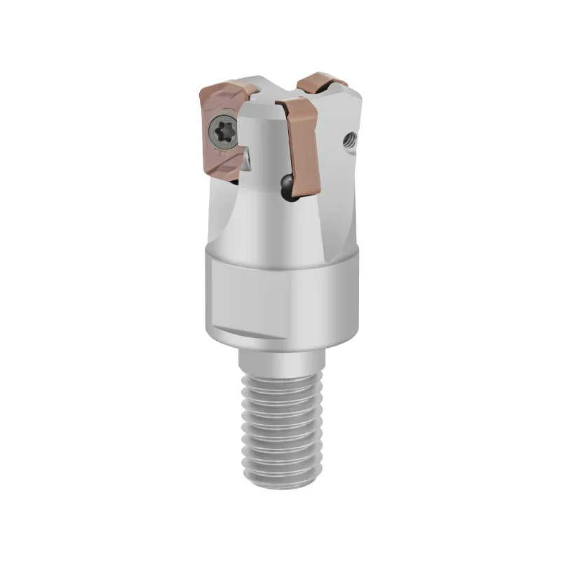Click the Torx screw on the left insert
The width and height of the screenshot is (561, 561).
pos(222,130)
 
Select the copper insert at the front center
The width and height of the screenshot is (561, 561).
pos(300,151)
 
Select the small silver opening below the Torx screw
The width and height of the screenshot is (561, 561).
pos(250,163)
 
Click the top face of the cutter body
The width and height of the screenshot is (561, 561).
pos(270,99)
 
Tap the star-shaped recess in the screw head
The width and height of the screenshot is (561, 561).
pos(222,130)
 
